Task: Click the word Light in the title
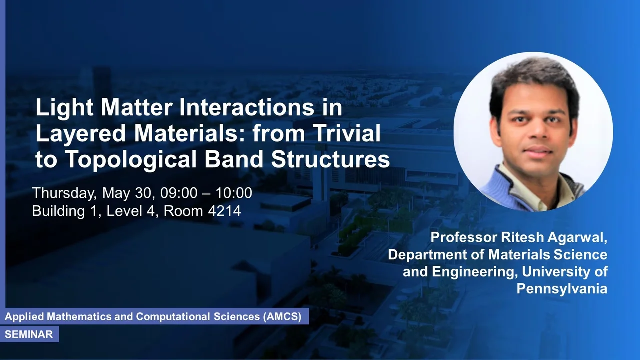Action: pyautogui.click(x=64, y=108)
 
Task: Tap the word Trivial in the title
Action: pyautogui.click(x=347, y=133)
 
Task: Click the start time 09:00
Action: pyautogui.click(x=179, y=193)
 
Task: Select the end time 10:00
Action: pyautogui.click(x=234, y=193)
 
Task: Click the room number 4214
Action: pyautogui.click(x=224, y=211)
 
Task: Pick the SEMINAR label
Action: pyautogui.click(x=29, y=334)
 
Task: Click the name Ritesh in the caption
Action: pyautogui.click(x=523, y=237)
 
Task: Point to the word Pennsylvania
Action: pyautogui.click(x=562, y=289)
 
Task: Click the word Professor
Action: pyautogui.click(x=464, y=237)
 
